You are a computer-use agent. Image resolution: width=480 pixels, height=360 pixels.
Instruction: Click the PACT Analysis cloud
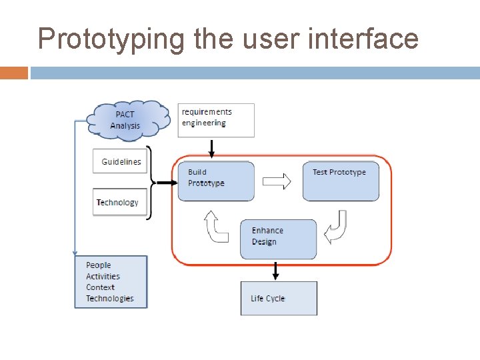point(125,120)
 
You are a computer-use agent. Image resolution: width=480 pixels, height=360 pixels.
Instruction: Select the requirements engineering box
point(216,120)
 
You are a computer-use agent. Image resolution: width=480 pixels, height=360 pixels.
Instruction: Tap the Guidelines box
point(120,161)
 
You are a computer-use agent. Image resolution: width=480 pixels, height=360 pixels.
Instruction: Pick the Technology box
point(119,202)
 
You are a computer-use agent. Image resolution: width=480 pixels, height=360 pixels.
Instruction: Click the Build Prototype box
point(216,181)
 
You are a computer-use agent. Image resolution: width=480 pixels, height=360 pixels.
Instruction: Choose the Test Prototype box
point(341,181)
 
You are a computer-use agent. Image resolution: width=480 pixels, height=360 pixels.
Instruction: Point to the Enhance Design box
point(278,239)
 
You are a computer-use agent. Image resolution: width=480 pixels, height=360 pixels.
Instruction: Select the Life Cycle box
point(278,298)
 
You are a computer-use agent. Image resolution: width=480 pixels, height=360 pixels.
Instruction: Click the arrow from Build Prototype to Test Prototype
point(277,181)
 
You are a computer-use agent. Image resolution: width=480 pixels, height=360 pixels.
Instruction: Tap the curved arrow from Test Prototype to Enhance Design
point(336,227)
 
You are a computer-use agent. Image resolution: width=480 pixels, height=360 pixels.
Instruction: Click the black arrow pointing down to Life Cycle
point(276,271)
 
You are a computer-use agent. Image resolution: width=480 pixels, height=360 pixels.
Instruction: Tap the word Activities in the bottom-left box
point(103,276)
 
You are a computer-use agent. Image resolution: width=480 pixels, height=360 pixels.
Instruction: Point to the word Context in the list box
point(100,287)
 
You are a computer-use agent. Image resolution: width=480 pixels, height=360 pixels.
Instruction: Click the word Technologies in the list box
point(109,299)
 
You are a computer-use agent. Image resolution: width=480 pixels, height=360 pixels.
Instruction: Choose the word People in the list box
point(98,265)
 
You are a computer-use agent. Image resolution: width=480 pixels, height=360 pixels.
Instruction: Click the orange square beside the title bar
point(14,73)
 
